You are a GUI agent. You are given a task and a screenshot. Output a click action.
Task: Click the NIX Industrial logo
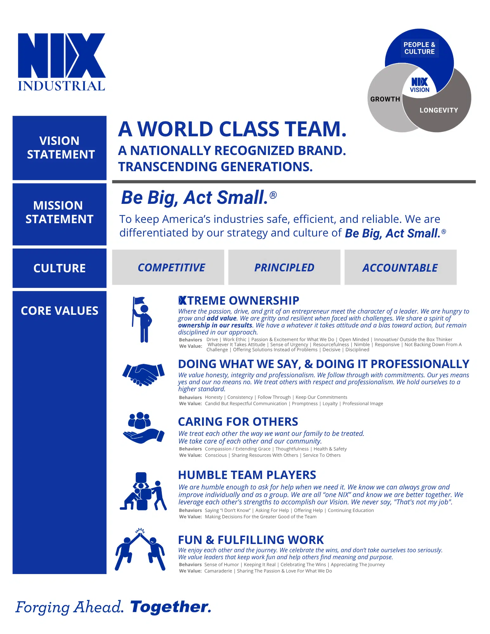[62, 62]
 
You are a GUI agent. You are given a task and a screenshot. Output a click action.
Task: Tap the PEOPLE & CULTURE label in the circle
[419, 48]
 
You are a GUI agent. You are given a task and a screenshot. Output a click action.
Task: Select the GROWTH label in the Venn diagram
[385, 99]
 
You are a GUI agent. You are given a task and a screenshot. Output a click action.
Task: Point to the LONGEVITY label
[439, 110]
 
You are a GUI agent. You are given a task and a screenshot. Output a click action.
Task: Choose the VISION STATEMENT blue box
[60, 148]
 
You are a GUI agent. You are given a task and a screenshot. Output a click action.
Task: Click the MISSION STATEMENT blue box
[60, 213]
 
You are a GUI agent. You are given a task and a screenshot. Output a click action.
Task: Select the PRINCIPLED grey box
[284, 268]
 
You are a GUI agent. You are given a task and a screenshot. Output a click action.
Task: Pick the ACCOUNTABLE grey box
[400, 268]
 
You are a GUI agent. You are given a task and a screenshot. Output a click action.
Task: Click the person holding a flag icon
[142, 320]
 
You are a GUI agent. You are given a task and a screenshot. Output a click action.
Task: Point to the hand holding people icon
[143, 428]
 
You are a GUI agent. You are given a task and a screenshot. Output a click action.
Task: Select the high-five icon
[140, 550]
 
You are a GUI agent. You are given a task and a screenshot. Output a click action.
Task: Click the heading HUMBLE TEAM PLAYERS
[247, 475]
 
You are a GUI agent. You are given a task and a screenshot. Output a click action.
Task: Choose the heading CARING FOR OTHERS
[238, 422]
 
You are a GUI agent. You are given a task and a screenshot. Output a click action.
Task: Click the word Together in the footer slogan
[171, 607]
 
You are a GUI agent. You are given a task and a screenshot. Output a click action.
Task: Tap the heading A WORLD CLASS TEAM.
[232, 129]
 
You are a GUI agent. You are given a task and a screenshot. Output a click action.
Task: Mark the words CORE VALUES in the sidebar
[60, 311]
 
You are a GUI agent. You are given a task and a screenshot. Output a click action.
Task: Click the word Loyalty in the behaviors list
[330, 404]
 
